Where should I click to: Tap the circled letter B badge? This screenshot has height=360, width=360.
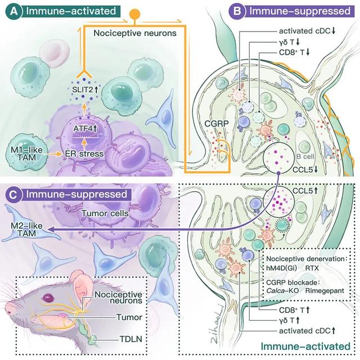(238, 10)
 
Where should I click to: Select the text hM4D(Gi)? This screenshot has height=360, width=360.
(280, 269)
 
